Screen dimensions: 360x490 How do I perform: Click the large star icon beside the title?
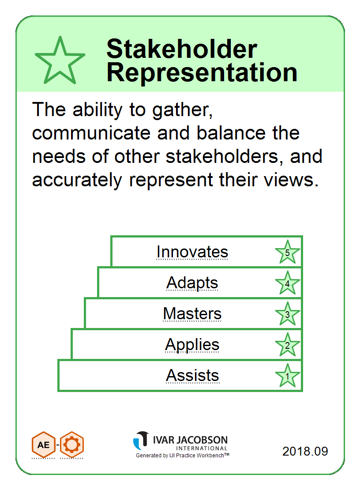[60, 60]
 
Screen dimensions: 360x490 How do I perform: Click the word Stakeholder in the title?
[182, 49]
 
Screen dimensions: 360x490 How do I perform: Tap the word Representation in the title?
[202, 72]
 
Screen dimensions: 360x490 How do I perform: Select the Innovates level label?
[192, 252]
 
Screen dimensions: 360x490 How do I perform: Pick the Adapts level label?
[192, 283]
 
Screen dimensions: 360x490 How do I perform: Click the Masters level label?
[192, 314]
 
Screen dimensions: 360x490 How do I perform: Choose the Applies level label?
[192, 345]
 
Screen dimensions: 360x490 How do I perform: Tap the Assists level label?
[192, 375]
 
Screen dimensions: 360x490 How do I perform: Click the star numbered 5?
[287, 252]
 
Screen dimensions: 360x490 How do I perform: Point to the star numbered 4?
[287, 283]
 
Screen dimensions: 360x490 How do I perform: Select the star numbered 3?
[287, 314]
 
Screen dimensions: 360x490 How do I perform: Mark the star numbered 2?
[287, 345]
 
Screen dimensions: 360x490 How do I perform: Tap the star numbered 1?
[287, 376]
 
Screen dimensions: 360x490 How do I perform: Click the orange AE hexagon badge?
[43, 445]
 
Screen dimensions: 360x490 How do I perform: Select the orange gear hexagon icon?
[72, 445]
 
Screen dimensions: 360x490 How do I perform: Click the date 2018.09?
[305, 451]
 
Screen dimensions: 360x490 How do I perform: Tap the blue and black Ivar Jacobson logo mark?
[141, 441]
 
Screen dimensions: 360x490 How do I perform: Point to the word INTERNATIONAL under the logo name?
[202, 449]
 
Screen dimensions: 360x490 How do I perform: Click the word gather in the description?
[182, 111]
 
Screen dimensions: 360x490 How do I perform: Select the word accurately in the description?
[77, 181]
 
